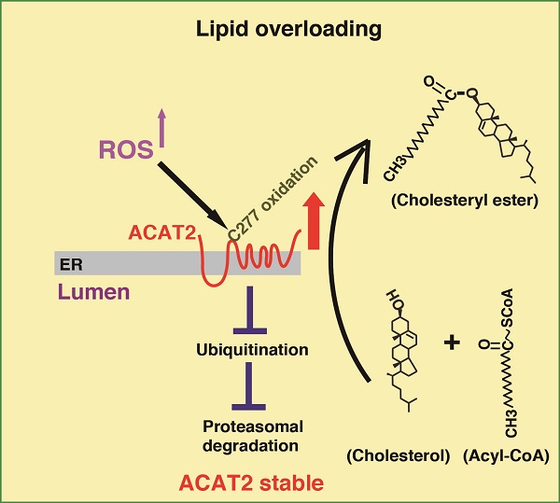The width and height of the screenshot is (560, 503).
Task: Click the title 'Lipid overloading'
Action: [288, 30]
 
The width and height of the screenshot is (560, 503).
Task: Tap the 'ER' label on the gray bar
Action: [70, 263]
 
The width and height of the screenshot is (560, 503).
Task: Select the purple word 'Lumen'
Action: [91, 292]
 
